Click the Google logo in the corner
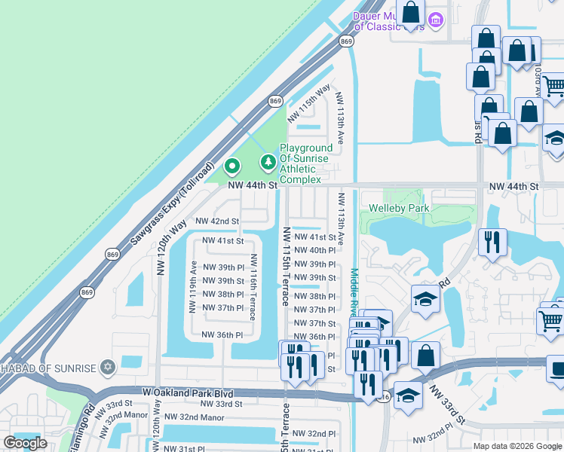pyautogui.click(x=25, y=443)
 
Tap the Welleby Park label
pyautogui.click(x=399, y=208)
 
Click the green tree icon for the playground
pyautogui.click(x=268, y=162)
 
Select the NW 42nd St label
pyautogui.click(x=217, y=221)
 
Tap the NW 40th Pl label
pyautogui.click(x=314, y=250)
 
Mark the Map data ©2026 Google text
pyautogui.click(x=516, y=446)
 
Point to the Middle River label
pyautogui.click(x=354, y=293)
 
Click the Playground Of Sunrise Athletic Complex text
pyautogui.click(x=306, y=163)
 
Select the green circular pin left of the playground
pyautogui.click(x=232, y=165)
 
